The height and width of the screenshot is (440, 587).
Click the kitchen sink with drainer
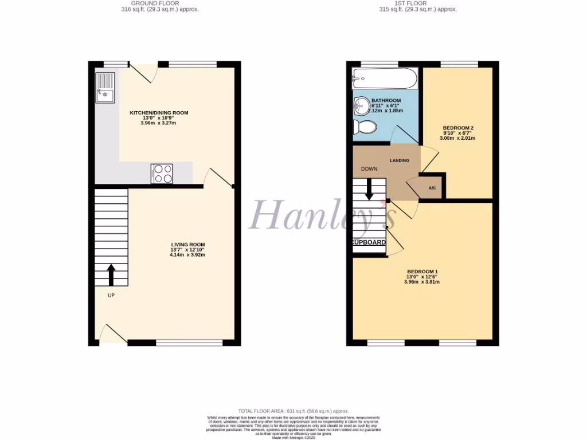coord(105,89)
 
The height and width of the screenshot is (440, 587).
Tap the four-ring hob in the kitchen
coord(162,174)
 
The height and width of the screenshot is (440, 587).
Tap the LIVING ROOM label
coord(187,245)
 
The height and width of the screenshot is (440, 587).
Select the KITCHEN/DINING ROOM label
coord(159,113)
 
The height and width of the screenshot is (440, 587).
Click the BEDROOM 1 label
coord(422,272)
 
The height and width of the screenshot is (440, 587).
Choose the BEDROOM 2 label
coord(457,128)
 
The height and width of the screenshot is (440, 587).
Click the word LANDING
coord(400,160)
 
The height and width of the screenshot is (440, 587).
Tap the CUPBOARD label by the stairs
coord(369,243)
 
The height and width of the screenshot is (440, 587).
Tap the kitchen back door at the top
coord(142,72)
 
